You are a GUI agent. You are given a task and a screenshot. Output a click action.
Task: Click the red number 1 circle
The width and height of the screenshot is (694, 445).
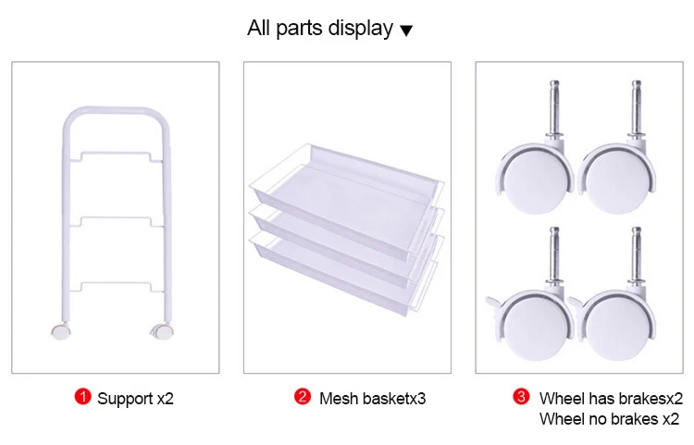click(82, 396)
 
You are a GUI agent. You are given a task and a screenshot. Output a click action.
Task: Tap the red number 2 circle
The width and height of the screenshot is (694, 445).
click(303, 396)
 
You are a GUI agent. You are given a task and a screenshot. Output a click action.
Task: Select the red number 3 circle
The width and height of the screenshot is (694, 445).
click(521, 396)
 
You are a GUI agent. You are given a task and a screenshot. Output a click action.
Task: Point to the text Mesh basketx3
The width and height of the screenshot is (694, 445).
click(372, 399)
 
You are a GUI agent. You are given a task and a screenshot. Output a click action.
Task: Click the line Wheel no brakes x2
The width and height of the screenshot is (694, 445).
click(609, 418)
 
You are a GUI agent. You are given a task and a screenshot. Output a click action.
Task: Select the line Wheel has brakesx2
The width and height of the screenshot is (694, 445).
click(611, 399)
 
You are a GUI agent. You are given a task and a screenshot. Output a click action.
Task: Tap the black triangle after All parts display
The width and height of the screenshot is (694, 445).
click(406, 31)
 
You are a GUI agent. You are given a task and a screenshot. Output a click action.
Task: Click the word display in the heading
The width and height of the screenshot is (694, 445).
click(360, 29)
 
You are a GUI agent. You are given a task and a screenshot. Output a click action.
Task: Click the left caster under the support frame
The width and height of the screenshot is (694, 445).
click(61, 331)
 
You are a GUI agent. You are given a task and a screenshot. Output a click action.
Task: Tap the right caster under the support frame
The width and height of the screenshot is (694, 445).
click(162, 331)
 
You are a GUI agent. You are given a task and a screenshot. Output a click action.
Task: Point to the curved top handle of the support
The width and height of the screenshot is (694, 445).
click(116, 110)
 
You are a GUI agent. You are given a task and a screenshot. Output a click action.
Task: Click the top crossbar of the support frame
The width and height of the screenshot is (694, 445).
click(116, 154)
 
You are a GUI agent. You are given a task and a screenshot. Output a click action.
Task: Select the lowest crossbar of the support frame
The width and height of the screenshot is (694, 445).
click(116, 284)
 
